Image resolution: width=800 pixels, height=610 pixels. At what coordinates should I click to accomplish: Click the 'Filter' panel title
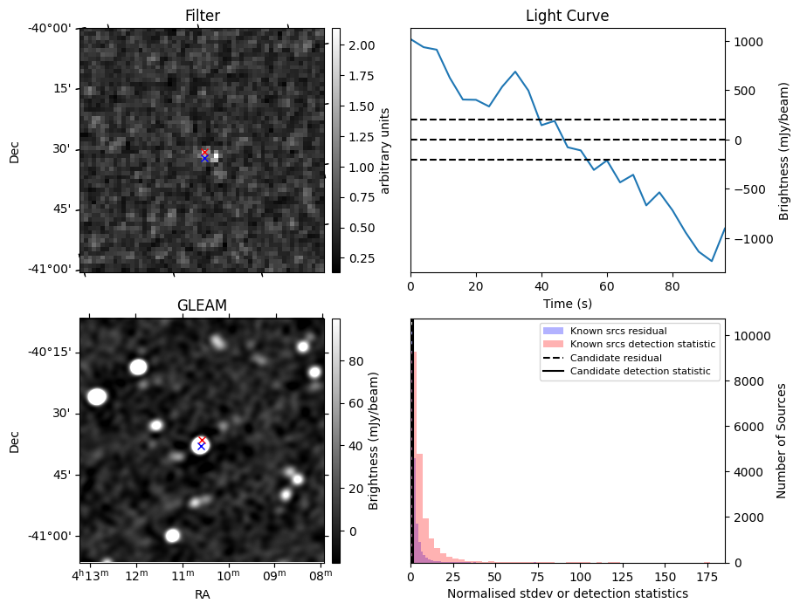203,16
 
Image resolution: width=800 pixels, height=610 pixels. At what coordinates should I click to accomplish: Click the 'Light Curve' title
567,16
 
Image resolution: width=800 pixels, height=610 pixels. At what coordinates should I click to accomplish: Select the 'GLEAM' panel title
203,305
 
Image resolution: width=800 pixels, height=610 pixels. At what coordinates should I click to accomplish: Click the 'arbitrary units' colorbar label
385,150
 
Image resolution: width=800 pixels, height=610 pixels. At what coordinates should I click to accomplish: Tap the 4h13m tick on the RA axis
92,576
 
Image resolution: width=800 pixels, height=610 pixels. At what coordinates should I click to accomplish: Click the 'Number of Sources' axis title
783,441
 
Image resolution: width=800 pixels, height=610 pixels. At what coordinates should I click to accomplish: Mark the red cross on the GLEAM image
202,440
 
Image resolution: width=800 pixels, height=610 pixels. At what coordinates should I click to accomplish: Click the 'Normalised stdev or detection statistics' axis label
567,593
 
